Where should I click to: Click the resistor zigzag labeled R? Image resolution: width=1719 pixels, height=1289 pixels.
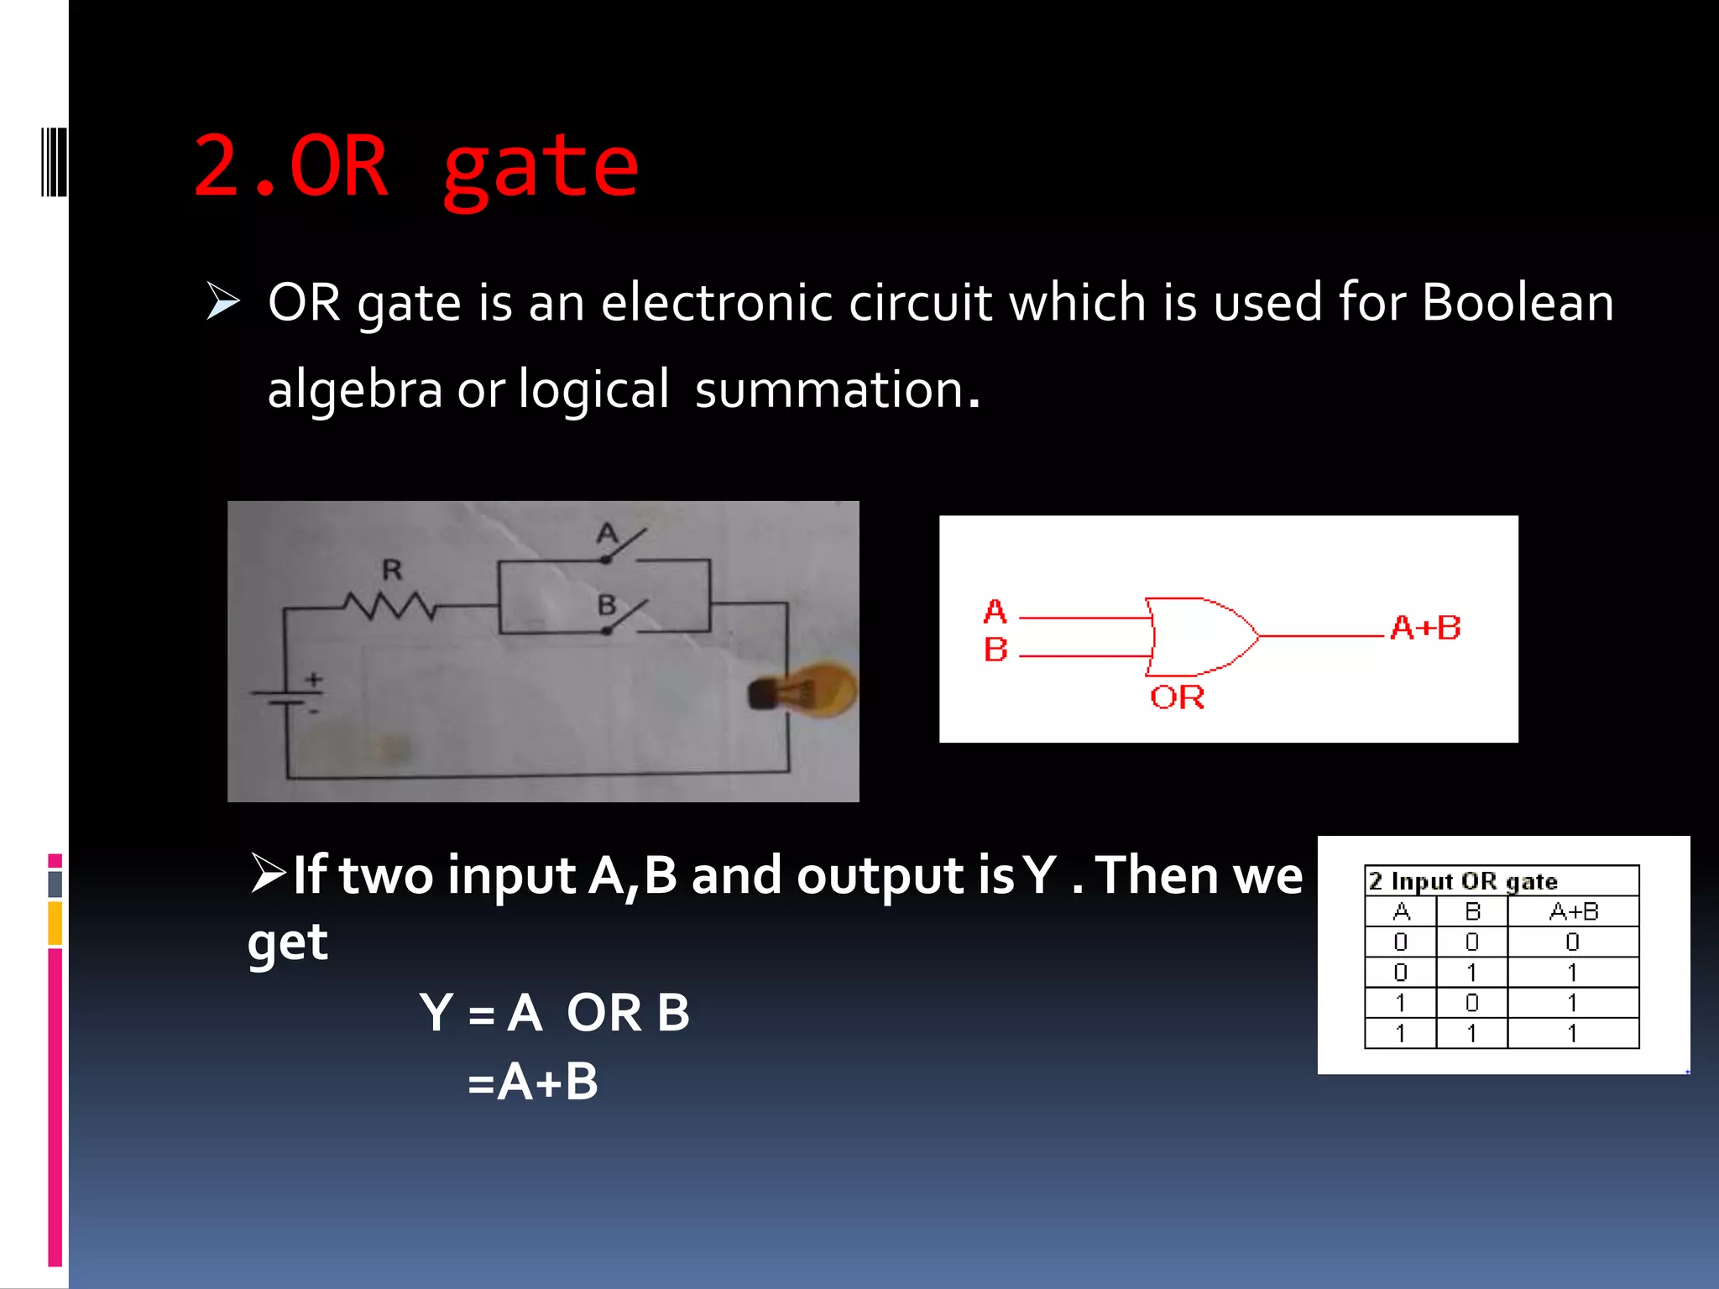(389, 605)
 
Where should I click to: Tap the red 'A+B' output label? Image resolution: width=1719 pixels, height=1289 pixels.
(1425, 628)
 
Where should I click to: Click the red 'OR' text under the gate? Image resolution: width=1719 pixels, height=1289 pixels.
(1177, 697)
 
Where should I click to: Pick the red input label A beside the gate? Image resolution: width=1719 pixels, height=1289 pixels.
(995, 612)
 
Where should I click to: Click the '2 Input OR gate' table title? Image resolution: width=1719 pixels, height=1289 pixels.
(1463, 881)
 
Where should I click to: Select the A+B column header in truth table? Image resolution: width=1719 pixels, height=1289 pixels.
(1573, 911)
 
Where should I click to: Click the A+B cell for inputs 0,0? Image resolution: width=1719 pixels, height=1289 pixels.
(1572, 942)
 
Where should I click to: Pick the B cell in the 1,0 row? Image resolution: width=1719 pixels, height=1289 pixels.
(1471, 1003)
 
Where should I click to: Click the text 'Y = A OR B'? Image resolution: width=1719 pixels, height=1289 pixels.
(554, 1013)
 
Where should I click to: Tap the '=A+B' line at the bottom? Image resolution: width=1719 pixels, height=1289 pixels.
(532, 1082)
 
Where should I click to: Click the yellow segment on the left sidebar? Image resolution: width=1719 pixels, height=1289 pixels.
(55, 923)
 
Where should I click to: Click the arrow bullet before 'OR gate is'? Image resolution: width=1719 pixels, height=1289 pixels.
(223, 302)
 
